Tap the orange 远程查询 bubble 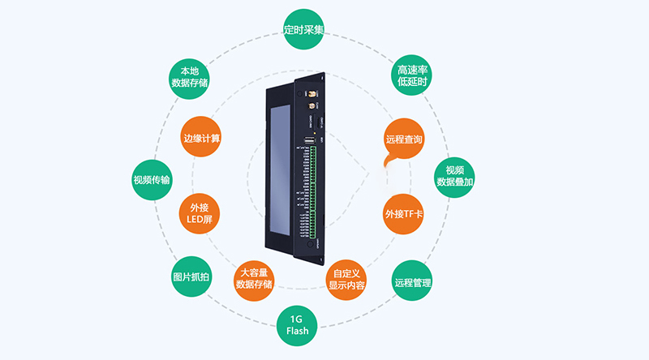click(403, 139)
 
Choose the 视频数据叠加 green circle click(455, 176)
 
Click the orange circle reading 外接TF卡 click(403, 213)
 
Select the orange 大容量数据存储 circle click(254, 278)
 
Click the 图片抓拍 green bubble click(192, 277)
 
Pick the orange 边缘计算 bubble click(202, 139)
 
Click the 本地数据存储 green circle click(189, 76)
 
